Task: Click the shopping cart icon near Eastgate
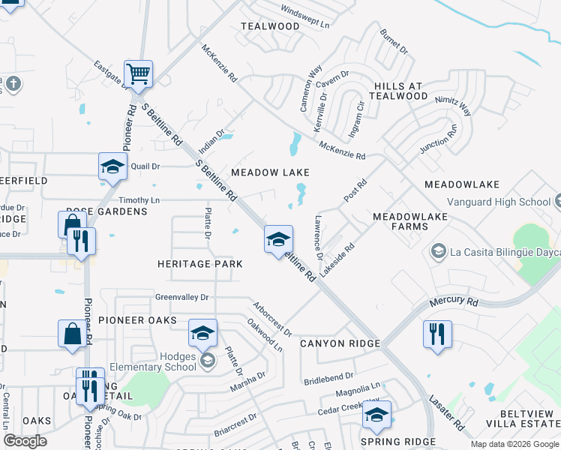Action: point(138,74)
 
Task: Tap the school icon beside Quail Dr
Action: point(112,167)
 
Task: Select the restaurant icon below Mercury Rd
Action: point(437,332)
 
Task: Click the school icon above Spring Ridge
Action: point(376,416)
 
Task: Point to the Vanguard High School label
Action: point(499,202)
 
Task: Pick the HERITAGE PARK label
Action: point(199,264)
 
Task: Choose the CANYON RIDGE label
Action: point(340,343)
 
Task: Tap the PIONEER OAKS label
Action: point(137,320)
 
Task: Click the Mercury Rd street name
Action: point(454,302)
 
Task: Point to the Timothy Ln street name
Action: point(139,200)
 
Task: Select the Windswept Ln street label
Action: point(305,17)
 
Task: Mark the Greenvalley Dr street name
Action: point(181,297)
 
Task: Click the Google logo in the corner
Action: point(25,441)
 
